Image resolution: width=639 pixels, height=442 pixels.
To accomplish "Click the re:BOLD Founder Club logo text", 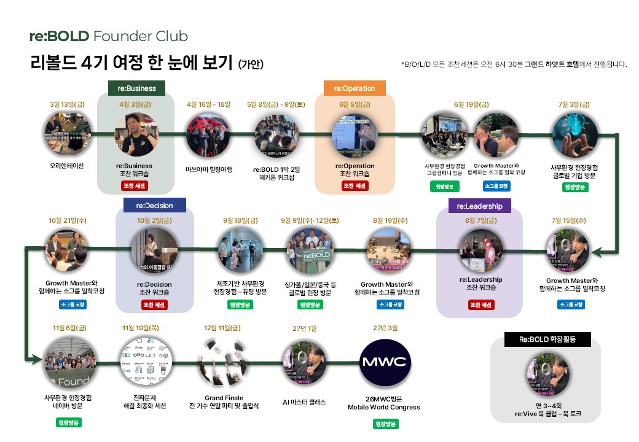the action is (x=108, y=36).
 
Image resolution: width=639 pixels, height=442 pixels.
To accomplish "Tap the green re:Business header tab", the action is (x=137, y=88).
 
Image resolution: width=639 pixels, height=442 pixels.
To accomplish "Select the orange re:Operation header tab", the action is (x=355, y=88).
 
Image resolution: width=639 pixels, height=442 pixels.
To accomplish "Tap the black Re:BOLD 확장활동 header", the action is (x=546, y=339).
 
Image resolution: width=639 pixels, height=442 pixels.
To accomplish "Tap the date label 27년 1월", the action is (x=304, y=328).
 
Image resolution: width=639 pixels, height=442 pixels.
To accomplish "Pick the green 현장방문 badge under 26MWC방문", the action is (x=384, y=424).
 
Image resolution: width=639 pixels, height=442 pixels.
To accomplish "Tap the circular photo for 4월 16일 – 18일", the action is (x=209, y=133).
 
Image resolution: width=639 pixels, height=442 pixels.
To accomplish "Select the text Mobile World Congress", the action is (x=384, y=407).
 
